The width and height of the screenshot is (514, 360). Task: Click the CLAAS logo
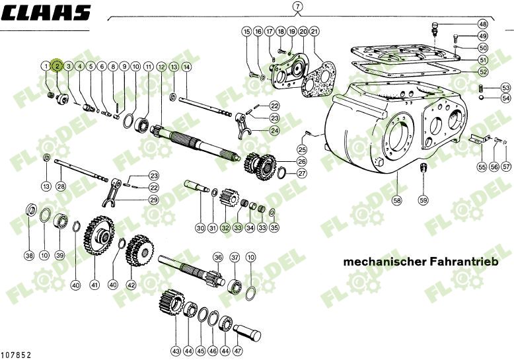pyautogui.click(x=46, y=13)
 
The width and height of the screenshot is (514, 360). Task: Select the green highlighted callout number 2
pyautogui.click(x=57, y=66)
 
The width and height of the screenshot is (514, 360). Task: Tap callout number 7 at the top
pyautogui.click(x=298, y=7)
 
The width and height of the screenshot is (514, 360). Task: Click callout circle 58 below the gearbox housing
pyautogui.click(x=396, y=199)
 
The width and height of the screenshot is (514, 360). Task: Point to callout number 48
pyautogui.click(x=482, y=24)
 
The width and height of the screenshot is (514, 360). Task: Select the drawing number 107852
pyautogui.click(x=17, y=355)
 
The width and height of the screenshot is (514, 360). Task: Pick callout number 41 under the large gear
pyautogui.click(x=94, y=285)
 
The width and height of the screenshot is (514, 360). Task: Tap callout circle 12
pyautogui.click(x=162, y=67)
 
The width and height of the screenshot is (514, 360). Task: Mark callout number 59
pyautogui.click(x=423, y=199)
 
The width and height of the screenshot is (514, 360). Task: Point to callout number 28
pyautogui.click(x=61, y=186)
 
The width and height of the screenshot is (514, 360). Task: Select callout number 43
pyautogui.click(x=175, y=350)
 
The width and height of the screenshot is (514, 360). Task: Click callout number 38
pyautogui.click(x=28, y=256)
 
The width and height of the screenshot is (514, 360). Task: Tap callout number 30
pyautogui.click(x=200, y=228)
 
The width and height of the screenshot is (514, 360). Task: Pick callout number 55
pyautogui.click(x=482, y=167)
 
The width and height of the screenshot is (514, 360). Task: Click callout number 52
pyautogui.click(x=483, y=71)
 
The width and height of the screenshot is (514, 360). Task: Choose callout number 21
pyautogui.click(x=314, y=31)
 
